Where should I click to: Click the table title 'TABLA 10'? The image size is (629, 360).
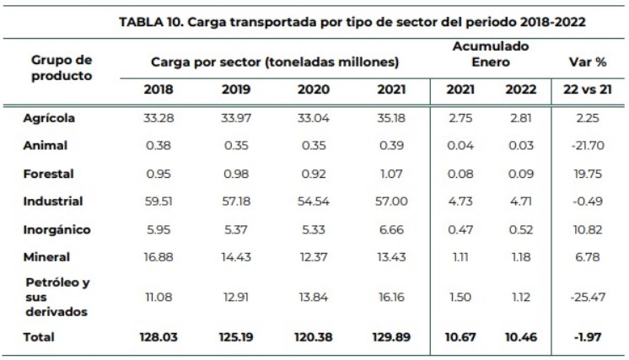pos(353,22)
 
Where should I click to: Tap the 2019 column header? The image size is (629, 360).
pos(235,89)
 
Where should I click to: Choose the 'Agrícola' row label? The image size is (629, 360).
pos(50,118)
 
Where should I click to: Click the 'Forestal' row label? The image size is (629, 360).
pos(49,174)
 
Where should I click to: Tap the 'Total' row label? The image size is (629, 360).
pos(39,336)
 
